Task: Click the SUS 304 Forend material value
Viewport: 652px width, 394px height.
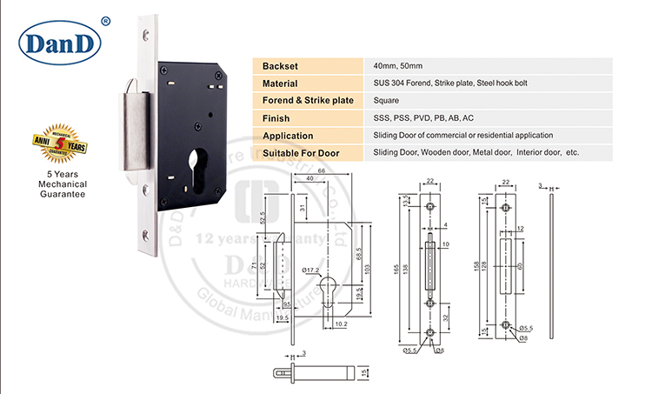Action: click(x=449, y=83)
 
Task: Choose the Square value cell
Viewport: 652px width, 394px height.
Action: click(x=386, y=101)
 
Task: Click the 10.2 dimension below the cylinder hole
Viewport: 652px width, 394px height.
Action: click(x=342, y=324)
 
